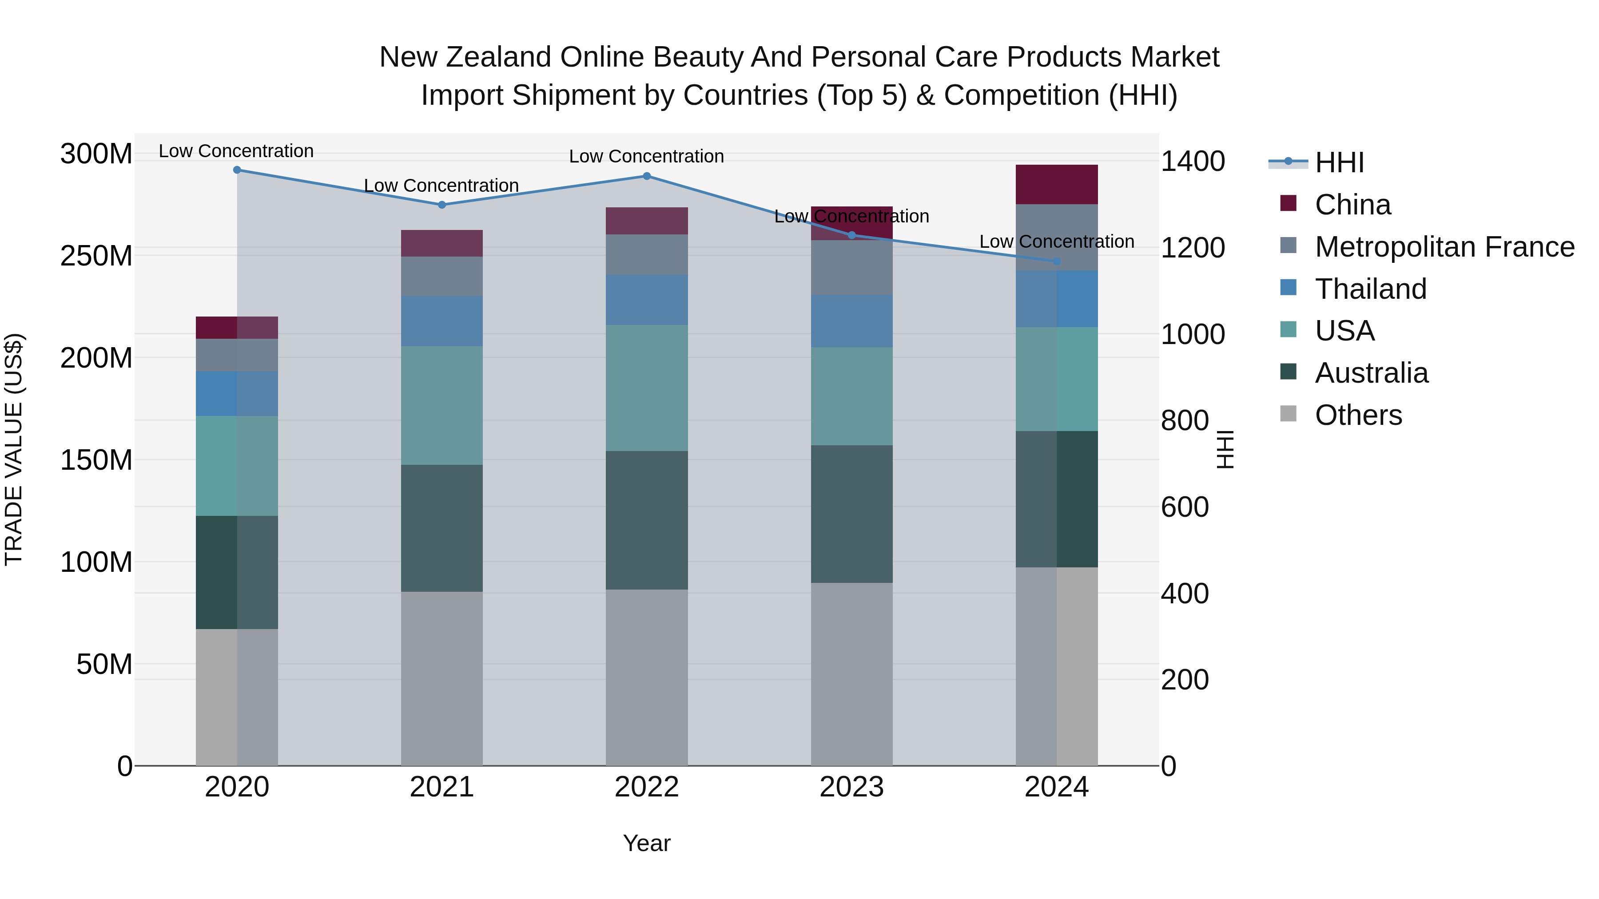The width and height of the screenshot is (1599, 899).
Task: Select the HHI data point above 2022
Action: click(646, 176)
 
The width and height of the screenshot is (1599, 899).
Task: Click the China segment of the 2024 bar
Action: click(1057, 184)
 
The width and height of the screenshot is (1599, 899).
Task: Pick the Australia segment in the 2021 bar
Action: click(442, 528)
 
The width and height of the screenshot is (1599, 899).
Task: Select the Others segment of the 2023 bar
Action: click(851, 674)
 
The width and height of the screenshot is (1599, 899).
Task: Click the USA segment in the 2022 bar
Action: click(646, 388)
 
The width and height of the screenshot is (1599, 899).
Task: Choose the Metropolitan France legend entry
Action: click(1444, 247)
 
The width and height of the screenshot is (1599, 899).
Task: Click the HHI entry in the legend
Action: click(1339, 162)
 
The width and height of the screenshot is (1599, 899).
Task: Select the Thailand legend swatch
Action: click(1288, 288)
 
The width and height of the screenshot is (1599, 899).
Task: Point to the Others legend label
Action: click(1358, 415)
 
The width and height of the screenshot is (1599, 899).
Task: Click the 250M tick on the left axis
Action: click(96, 256)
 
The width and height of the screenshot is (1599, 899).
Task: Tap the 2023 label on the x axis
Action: click(851, 787)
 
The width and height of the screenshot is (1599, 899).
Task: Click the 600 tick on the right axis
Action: click(1184, 507)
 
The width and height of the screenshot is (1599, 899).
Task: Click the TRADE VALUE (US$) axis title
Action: click(14, 449)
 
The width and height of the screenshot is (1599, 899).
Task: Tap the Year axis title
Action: click(646, 843)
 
